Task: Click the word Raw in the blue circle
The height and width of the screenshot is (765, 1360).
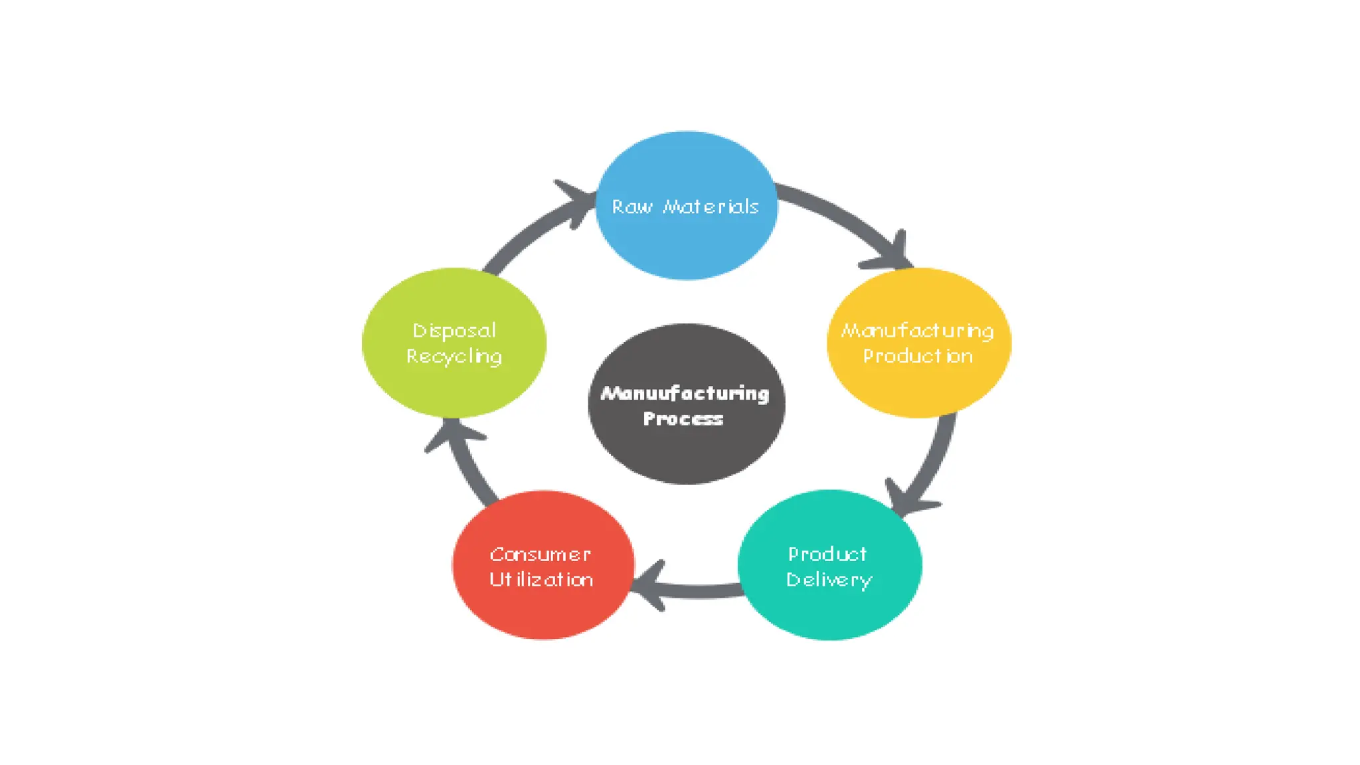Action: point(632,207)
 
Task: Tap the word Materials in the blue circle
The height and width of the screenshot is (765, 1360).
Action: point(711,207)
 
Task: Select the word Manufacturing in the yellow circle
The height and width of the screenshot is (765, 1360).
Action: point(918,331)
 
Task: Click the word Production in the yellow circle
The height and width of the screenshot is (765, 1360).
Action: point(918,357)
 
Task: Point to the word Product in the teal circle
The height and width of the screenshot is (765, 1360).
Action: point(827,554)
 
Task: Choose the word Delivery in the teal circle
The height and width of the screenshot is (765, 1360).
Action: point(829,580)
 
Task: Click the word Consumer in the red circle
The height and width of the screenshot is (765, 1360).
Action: point(540,554)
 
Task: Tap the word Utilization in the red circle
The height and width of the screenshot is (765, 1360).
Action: point(541,580)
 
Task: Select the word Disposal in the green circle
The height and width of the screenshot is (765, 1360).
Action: point(454,331)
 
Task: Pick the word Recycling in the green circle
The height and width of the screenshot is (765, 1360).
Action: point(454,357)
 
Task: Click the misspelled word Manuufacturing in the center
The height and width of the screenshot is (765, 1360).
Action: point(685,394)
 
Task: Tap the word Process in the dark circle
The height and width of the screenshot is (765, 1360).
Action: point(683,419)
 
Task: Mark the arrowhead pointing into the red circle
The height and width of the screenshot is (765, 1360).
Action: point(650,585)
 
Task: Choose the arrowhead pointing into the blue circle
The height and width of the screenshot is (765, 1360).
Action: point(576,200)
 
